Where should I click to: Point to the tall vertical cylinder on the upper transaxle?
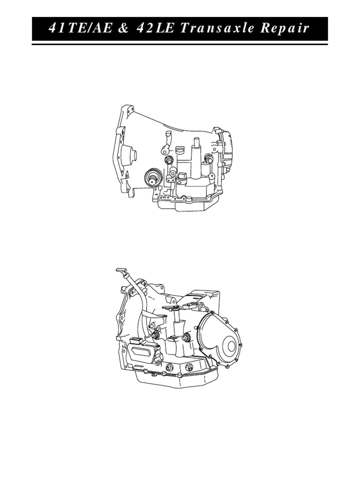[196, 150]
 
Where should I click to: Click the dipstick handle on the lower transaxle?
[121, 271]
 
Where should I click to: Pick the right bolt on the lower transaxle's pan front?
[189, 367]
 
